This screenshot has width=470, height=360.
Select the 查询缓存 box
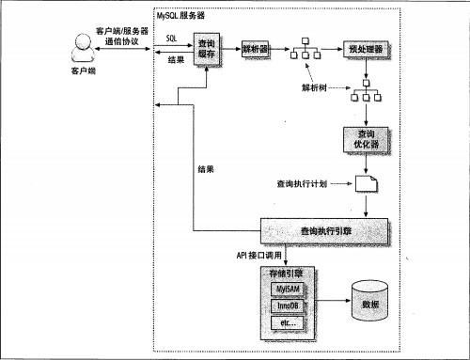[x=207, y=48]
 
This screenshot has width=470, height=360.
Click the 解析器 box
[x=256, y=48]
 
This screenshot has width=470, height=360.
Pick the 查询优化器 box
[x=365, y=142]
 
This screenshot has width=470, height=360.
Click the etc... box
[x=285, y=322]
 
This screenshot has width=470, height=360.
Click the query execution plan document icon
[x=366, y=184]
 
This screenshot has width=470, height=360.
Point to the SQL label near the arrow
[x=172, y=38]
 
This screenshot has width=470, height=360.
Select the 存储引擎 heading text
[x=287, y=272]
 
